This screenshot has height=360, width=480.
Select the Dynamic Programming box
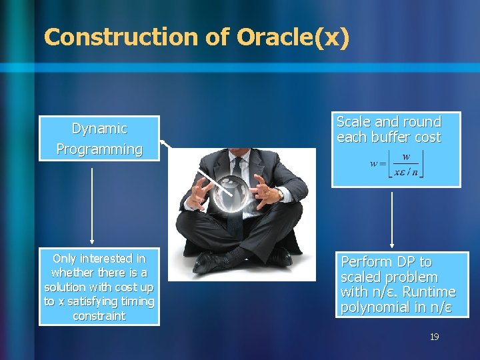(99, 139)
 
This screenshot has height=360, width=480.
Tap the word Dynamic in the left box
(99, 128)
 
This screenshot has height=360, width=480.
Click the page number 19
(434, 337)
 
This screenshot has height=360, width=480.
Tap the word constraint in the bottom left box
(99, 316)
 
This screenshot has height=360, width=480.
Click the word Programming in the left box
(99, 149)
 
